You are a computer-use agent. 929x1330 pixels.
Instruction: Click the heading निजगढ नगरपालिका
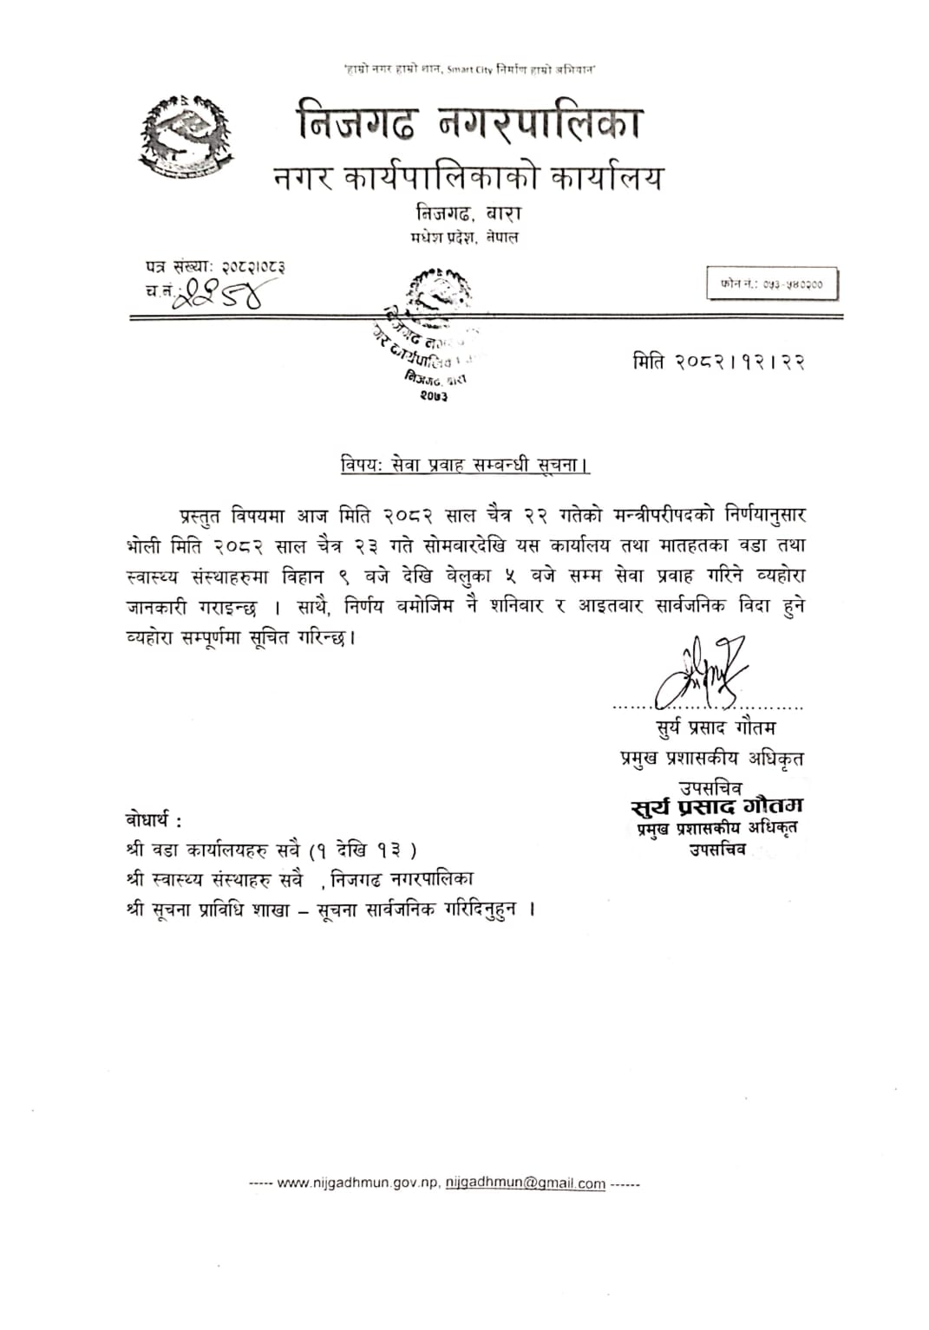click(468, 122)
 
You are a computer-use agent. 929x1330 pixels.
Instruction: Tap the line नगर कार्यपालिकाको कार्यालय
click(468, 178)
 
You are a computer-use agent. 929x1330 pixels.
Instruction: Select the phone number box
click(772, 284)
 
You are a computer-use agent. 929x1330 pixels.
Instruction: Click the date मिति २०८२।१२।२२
click(718, 362)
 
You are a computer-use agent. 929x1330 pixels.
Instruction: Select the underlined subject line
click(464, 465)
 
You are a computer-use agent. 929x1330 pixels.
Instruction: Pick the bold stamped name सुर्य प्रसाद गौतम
click(716, 807)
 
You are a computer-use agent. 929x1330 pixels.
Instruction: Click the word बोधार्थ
click(154, 819)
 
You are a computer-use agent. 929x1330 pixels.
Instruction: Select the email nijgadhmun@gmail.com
click(526, 1183)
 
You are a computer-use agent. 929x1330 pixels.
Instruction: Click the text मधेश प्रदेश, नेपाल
click(464, 237)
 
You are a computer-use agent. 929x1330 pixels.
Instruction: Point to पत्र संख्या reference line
click(216, 267)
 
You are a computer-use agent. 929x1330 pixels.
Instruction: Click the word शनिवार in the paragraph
click(516, 606)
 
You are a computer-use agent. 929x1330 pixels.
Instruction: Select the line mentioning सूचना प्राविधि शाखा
click(330, 909)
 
